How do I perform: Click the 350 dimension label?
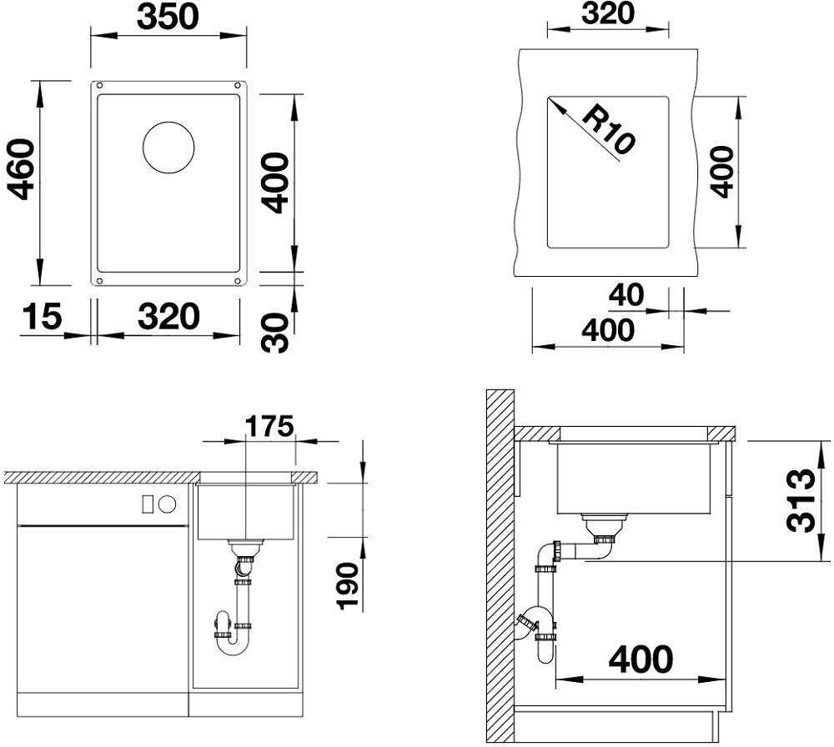point(168,17)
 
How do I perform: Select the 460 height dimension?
point(23,169)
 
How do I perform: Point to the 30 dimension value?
point(275,333)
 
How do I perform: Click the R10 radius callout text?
point(608,130)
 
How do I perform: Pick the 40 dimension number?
point(626,295)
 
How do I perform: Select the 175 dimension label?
point(269,426)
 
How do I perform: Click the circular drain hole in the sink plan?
point(168,148)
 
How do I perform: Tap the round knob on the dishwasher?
point(168,504)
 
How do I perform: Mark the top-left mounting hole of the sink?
point(99,85)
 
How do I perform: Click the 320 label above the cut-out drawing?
point(608,14)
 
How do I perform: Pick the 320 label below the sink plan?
point(168,316)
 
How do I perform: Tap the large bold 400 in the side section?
point(641,659)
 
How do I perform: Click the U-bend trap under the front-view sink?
point(234,638)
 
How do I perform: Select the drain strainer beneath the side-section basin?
point(605,526)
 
